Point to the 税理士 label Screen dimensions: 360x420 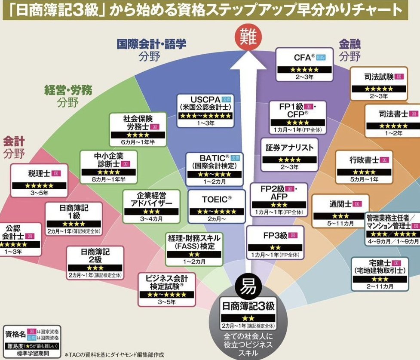tap(38, 173)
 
